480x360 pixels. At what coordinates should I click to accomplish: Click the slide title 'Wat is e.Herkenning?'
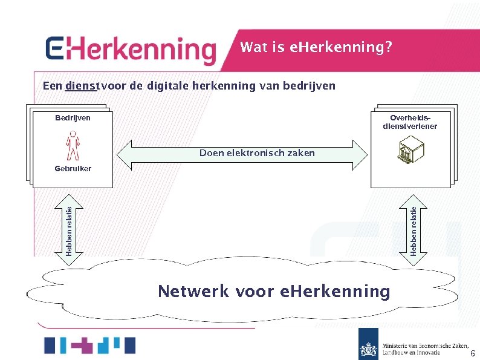tap(315, 47)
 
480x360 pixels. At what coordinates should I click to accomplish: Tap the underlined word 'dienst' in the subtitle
tap(82, 86)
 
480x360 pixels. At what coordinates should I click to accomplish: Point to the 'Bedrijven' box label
tap(69, 117)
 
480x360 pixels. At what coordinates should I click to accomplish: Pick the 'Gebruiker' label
tap(72, 169)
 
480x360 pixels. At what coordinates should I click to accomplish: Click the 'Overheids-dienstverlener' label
tap(409, 122)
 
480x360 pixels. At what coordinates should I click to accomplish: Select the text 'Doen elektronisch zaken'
tap(257, 153)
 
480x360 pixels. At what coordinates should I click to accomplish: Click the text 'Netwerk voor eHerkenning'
tap(273, 291)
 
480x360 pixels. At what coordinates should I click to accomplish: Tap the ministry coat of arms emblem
tap(368, 349)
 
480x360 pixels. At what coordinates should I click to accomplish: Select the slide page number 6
tap(472, 353)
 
